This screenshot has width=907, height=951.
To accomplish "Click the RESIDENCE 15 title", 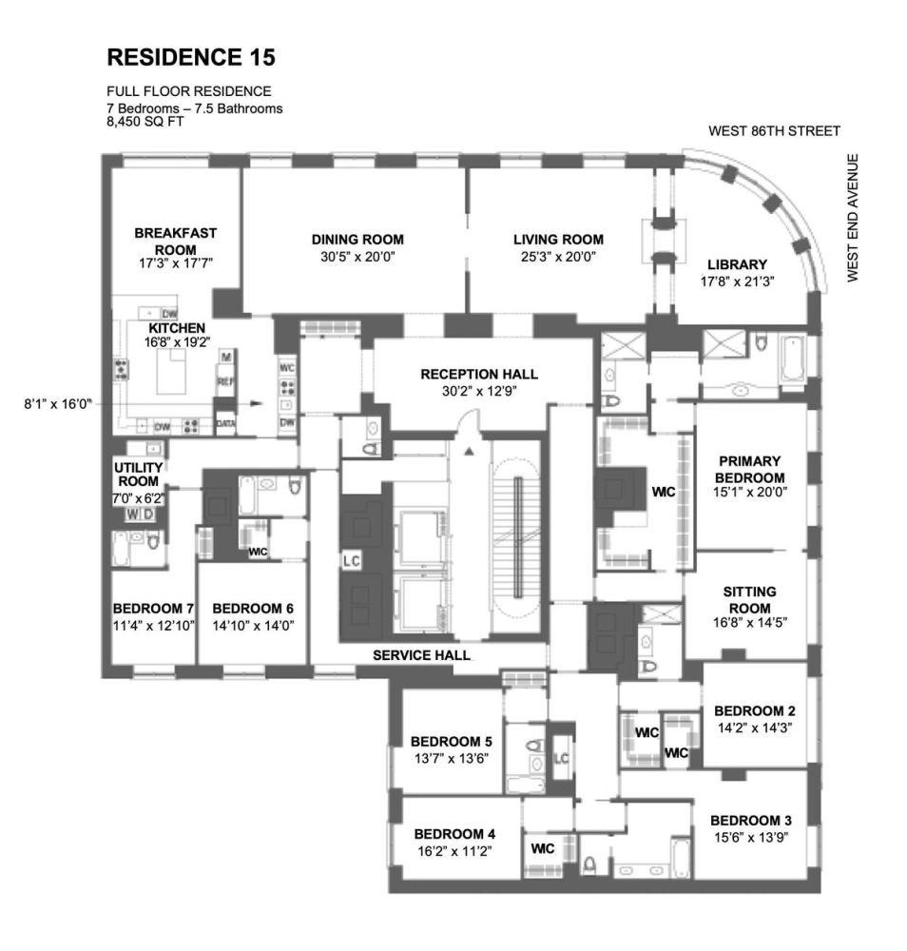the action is tap(191, 57).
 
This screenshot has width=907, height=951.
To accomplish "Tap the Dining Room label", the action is tap(357, 240).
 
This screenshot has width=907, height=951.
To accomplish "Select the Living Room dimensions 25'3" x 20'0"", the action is tap(558, 257).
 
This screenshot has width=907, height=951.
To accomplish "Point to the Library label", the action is tap(737, 264).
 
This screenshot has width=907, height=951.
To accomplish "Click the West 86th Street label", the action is tap(774, 131).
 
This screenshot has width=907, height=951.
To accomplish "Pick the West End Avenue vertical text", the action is tap(853, 218).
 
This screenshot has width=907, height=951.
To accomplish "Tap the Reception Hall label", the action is tap(479, 374).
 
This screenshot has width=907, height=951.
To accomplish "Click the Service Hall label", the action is tap(421, 655).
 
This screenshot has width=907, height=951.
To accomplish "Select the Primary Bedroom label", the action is tap(750, 470).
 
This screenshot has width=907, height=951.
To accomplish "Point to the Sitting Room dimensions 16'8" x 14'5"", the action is tap(750, 622).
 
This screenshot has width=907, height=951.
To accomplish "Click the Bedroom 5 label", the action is tap(452, 741).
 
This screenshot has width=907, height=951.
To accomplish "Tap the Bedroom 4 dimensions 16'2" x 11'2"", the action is tap(454, 851).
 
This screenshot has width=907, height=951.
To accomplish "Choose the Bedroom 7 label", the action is tap(153, 609).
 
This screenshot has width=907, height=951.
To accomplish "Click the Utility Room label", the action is tap(138, 475).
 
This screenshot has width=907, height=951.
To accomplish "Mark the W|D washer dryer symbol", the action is tap(140, 514).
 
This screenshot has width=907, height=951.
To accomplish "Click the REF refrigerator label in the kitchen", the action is tap(225, 381).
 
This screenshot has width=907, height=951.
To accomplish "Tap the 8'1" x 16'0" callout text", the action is tap(58, 404).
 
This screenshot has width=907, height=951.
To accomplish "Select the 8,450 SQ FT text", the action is tap(145, 122).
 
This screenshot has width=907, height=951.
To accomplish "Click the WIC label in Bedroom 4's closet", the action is tap(543, 848).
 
